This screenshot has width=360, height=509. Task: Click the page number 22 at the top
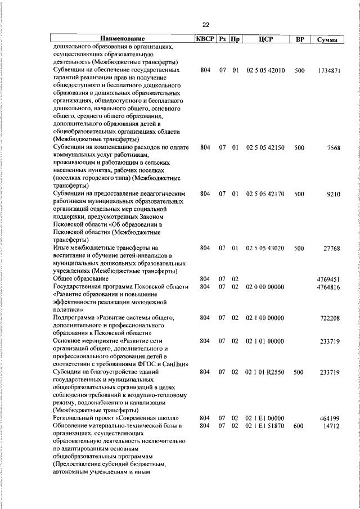[x=205, y=25]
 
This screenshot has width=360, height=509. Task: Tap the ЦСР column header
[x=265, y=39]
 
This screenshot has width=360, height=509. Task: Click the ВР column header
[x=299, y=39]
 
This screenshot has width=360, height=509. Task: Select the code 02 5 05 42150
[x=265, y=147]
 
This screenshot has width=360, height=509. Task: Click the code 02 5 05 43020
[x=265, y=247]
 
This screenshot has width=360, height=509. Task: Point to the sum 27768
[x=331, y=247]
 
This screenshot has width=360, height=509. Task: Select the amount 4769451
[x=328, y=279]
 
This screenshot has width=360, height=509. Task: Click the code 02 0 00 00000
[x=265, y=287]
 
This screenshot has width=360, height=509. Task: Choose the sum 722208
[x=330, y=318]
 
